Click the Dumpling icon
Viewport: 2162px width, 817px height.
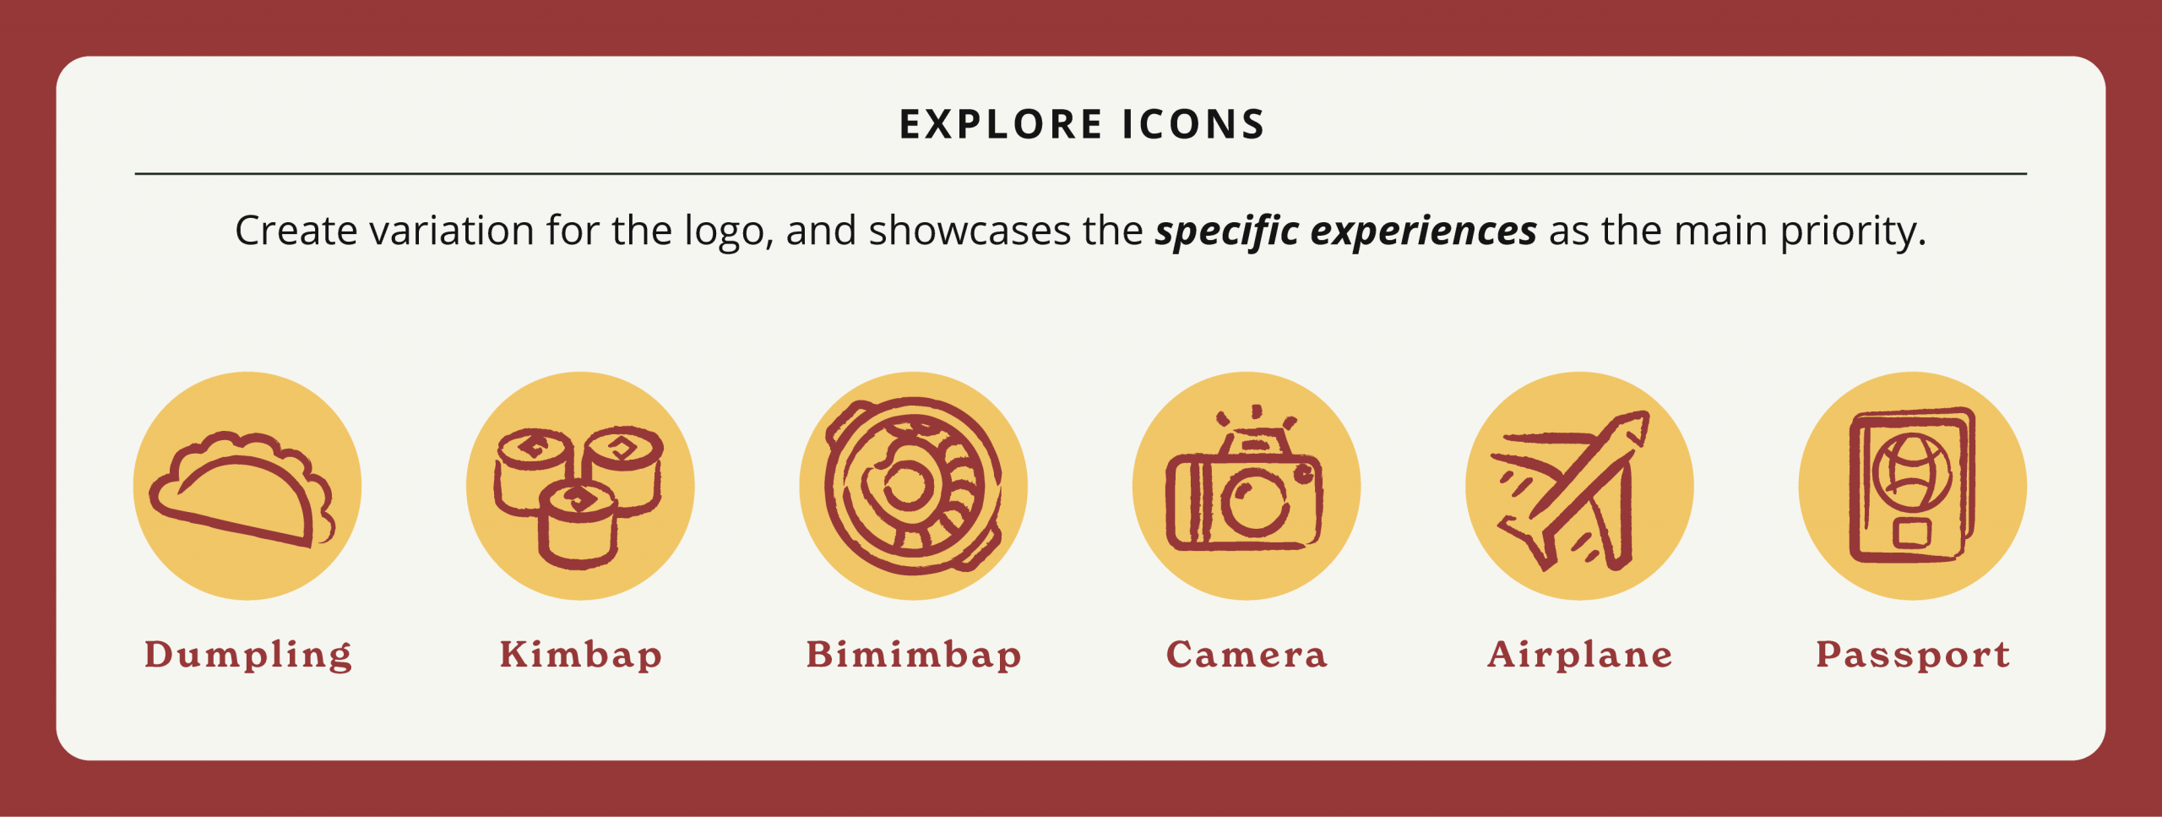pyautogui.click(x=247, y=486)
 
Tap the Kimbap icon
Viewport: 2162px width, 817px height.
pyautogui.click(x=580, y=486)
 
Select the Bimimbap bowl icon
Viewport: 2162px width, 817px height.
pyautogui.click(x=914, y=486)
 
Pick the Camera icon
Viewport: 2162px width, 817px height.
pyautogui.click(x=1247, y=486)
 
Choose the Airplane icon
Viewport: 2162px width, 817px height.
pyautogui.click(x=1579, y=486)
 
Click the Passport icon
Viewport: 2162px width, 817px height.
pyautogui.click(x=1913, y=486)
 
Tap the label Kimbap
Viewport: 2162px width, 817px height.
pyautogui.click(x=581, y=656)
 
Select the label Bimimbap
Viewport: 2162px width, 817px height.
pyautogui.click(x=914, y=656)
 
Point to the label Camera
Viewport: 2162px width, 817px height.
pyautogui.click(x=1247, y=655)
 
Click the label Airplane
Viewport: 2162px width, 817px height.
pyautogui.click(x=1580, y=656)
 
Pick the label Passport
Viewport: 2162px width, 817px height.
pyautogui.click(x=1913, y=656)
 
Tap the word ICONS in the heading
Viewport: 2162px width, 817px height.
pyautogui.click(x=1193, y=124)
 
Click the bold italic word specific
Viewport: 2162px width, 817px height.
pyautogui.click(x=1227, y=231)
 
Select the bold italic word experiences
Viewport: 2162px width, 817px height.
pyautogui.click(x=1423, y=231)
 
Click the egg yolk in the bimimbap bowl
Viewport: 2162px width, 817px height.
pyautogui.click(x=908, y=485)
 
